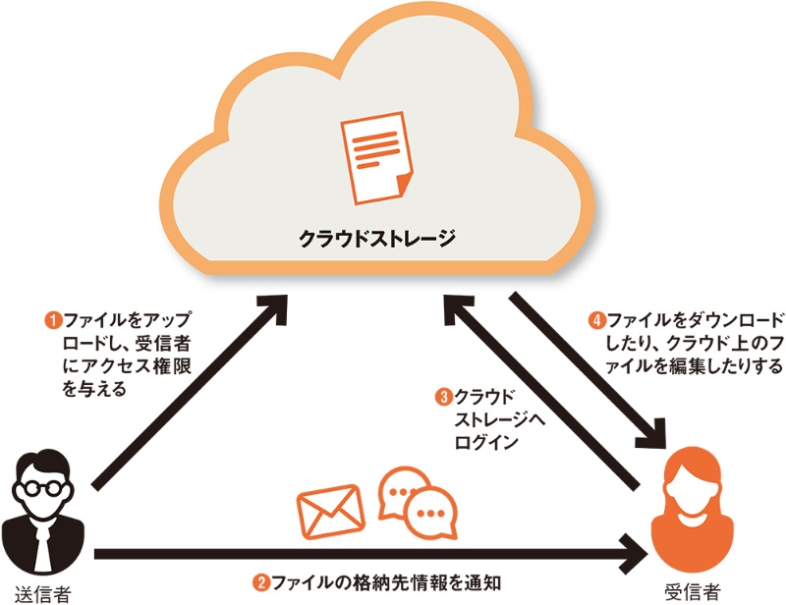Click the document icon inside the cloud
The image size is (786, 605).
(377, 158)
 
